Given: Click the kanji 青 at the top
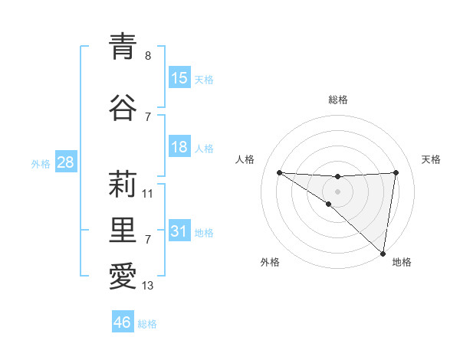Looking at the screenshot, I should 123,46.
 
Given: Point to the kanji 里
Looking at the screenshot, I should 123,229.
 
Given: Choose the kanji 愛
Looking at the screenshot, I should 123,276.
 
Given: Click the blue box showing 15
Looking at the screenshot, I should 179,78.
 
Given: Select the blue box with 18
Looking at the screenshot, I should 179,147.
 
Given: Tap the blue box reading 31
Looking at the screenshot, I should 179,231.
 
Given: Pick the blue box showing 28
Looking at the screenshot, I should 65,162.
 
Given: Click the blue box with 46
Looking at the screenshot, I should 123,322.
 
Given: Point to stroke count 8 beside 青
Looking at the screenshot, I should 148,56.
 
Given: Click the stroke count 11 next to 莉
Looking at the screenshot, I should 148,194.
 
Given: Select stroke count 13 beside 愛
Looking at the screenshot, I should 148,286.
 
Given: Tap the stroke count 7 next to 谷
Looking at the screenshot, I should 148,116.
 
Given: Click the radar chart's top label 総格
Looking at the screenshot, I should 338,100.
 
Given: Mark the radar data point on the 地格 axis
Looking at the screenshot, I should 383,253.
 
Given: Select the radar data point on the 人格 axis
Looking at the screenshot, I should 279,172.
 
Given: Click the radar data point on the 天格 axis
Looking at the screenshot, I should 396,172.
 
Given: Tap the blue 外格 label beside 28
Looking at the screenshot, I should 41,163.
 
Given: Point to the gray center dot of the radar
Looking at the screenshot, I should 338,190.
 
